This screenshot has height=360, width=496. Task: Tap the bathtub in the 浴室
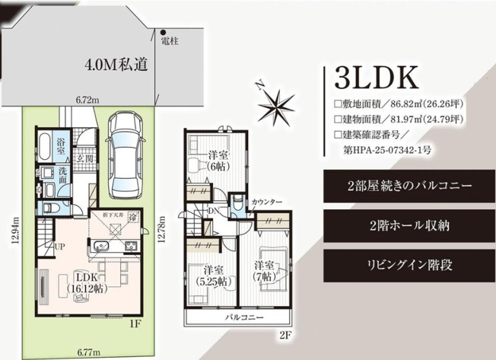pyautogui.click(x=43, y=143)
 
